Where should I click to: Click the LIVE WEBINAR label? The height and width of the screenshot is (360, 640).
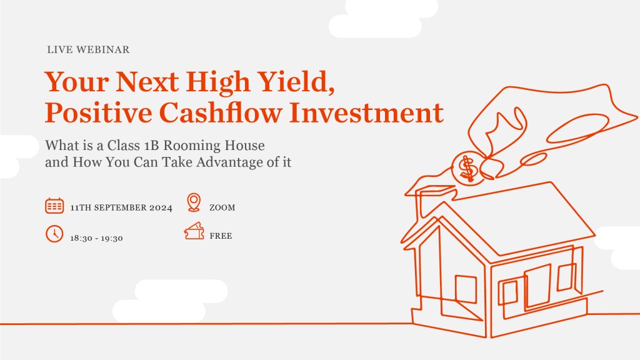88,50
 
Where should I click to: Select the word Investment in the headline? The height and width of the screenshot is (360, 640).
366,112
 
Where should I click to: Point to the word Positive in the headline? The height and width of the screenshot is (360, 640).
98,112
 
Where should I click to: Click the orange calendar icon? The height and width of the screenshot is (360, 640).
54,206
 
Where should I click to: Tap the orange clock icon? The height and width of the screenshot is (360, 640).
54,234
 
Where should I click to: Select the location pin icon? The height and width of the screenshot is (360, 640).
194,202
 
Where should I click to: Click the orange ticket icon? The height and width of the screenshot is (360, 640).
194,231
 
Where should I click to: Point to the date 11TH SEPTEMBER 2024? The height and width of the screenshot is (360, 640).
121,207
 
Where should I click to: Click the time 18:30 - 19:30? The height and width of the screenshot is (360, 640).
96,238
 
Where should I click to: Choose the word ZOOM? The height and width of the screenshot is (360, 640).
222,207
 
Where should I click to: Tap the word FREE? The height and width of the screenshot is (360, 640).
221,236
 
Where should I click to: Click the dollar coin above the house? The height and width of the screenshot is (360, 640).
467,168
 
